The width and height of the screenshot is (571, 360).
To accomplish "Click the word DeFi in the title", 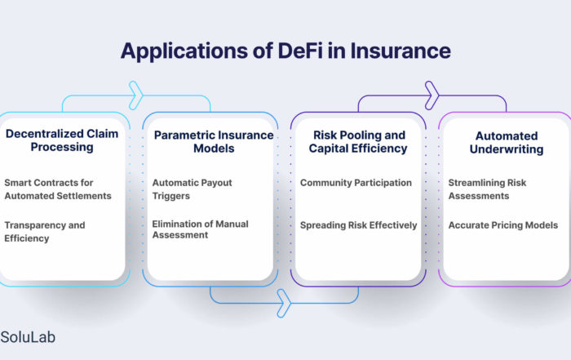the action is [300, 51].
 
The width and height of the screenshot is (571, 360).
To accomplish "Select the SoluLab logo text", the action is [28, 337].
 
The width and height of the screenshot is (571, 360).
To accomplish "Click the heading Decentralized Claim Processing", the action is [62, 140].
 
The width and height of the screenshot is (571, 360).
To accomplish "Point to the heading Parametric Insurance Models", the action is [214, 142].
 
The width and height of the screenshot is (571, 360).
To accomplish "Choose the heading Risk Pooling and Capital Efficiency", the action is [358, 142].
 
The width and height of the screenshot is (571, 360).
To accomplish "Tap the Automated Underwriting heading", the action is [507, 143].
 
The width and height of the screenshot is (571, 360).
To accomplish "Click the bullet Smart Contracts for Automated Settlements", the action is [58, 189].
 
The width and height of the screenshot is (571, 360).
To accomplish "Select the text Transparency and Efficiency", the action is [44, 232].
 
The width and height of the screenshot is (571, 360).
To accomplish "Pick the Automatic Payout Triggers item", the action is [192, 189].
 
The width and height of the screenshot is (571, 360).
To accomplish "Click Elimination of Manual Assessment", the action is [201, 229].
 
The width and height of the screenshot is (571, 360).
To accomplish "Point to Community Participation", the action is [356, 183].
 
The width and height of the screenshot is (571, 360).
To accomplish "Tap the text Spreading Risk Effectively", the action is [358, 225].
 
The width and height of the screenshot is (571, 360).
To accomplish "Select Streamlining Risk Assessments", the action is [487, 189].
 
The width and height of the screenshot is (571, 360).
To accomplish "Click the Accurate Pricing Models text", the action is [503, 225].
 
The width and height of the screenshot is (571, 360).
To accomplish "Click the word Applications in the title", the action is [184, 51].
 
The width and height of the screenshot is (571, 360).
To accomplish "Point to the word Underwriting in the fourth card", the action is [507, 149].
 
